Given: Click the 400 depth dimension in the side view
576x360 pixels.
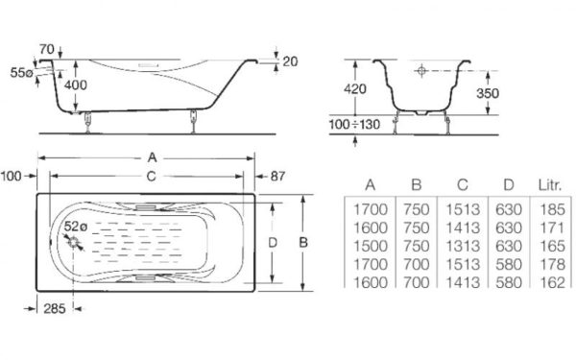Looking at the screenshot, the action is coord(76,84).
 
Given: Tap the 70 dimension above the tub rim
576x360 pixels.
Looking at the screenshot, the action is coord(47,49).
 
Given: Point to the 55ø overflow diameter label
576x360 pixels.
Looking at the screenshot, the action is coord(22,73).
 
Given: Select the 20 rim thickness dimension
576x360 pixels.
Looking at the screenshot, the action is coord(290,61).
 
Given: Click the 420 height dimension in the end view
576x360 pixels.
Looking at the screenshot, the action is coord(354,88).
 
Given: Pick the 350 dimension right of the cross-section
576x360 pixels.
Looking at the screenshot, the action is coord(488,93).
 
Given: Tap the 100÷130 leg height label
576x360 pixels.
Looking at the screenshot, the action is coord(354,125).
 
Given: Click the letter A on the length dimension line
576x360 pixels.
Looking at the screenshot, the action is coord(152,158).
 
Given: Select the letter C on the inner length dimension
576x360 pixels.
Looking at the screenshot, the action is coord(151,177).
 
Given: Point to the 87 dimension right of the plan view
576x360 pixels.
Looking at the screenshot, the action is coord(277,177).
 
